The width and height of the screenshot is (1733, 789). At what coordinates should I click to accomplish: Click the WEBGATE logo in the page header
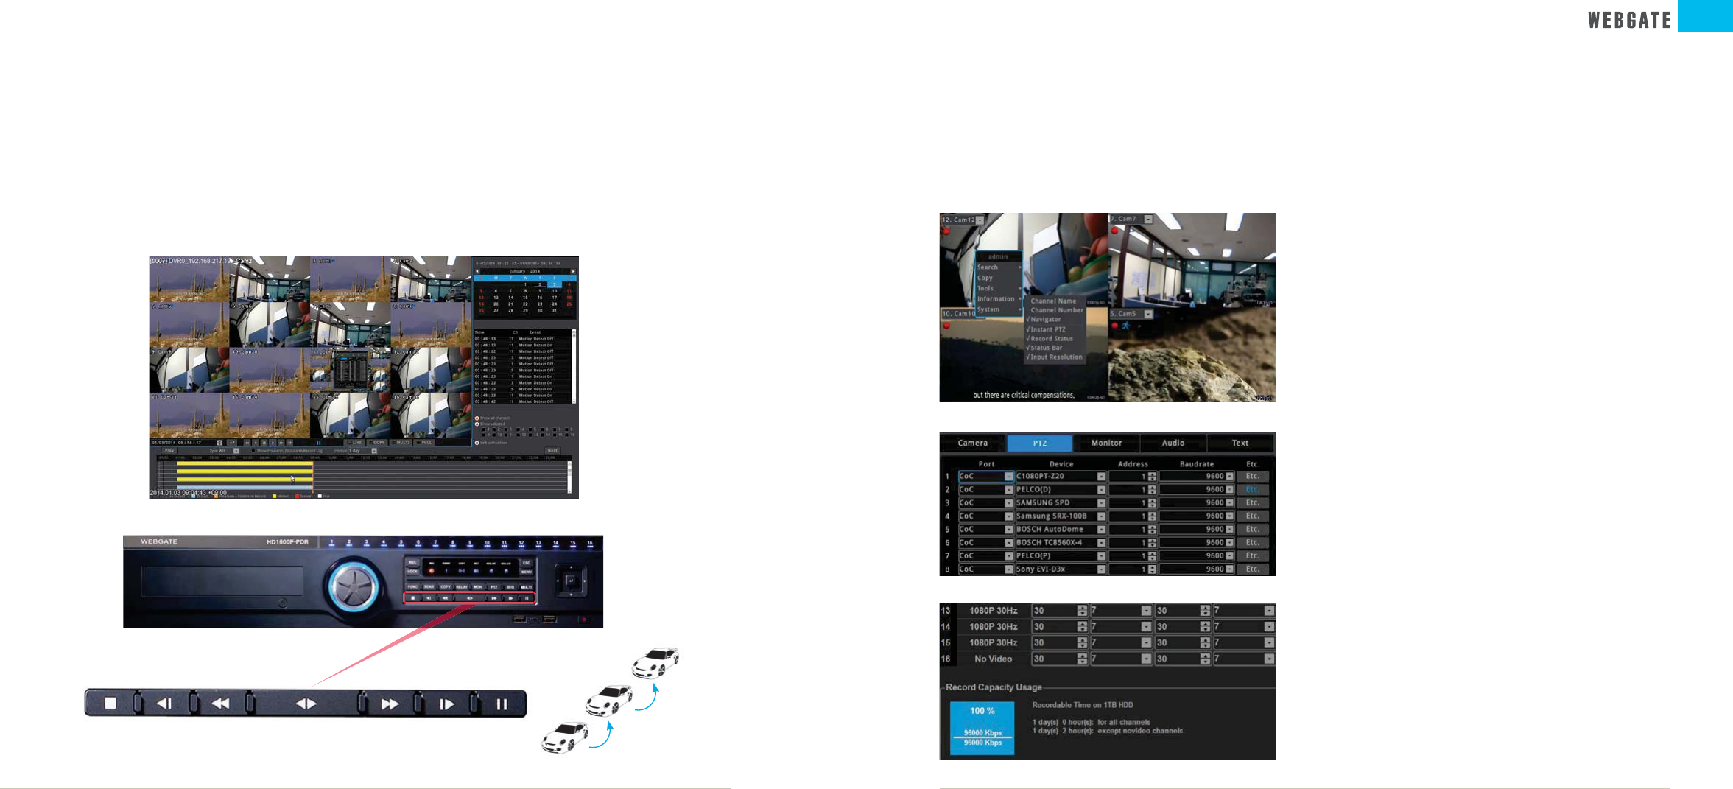click(1629, 20)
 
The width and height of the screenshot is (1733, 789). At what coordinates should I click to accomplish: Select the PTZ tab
click(1039, 443)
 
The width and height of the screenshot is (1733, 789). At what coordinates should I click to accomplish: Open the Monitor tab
click(1106, 443)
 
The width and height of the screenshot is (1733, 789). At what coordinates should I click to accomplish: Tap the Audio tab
click(1173, 443)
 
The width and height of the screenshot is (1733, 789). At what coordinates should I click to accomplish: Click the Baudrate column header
click(1196, 464)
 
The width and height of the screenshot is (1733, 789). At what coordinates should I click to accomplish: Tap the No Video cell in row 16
click(993, 659)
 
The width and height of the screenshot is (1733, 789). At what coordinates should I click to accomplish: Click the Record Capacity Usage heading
click(994, 687)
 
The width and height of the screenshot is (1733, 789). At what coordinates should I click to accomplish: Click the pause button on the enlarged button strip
click(502, 704)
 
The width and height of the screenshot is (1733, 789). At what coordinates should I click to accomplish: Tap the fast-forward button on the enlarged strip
click(390, 704)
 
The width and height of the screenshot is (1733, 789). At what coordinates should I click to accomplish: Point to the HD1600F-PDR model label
click(287, 542)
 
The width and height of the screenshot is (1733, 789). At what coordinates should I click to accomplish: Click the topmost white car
click(655, 662)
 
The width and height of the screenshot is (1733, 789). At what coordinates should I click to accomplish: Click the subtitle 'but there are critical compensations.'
click(1023, 396)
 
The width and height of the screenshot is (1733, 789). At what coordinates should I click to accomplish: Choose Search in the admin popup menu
click(988, 267)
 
